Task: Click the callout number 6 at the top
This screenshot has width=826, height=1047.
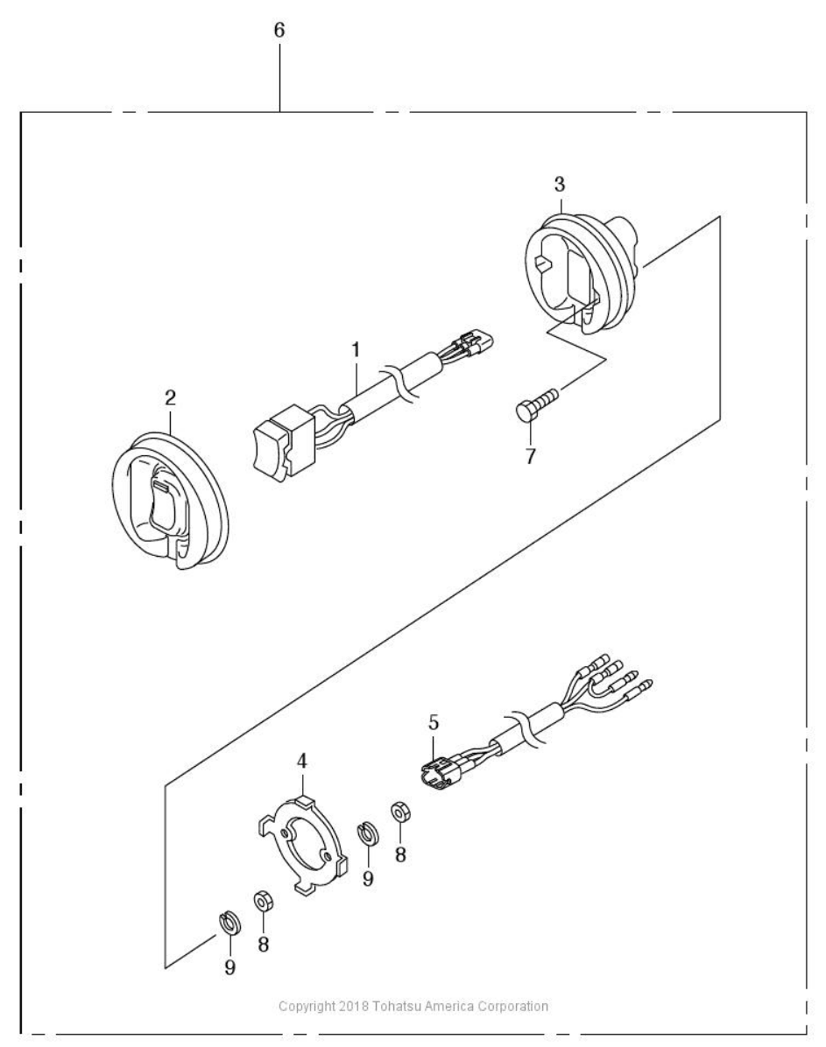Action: coord(279,30)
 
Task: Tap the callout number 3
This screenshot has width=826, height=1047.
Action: coord(560,184)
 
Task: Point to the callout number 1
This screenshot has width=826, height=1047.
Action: coord(357,349)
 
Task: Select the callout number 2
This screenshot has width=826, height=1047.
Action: coord(171,398)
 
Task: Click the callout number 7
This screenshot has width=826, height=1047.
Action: coord(530,457)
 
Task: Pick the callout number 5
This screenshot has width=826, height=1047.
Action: coord(434,722)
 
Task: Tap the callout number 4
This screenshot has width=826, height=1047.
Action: coord(302,761)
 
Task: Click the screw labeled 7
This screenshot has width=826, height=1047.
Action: coord(539,403)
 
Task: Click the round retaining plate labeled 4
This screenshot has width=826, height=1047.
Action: coord(303,840)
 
